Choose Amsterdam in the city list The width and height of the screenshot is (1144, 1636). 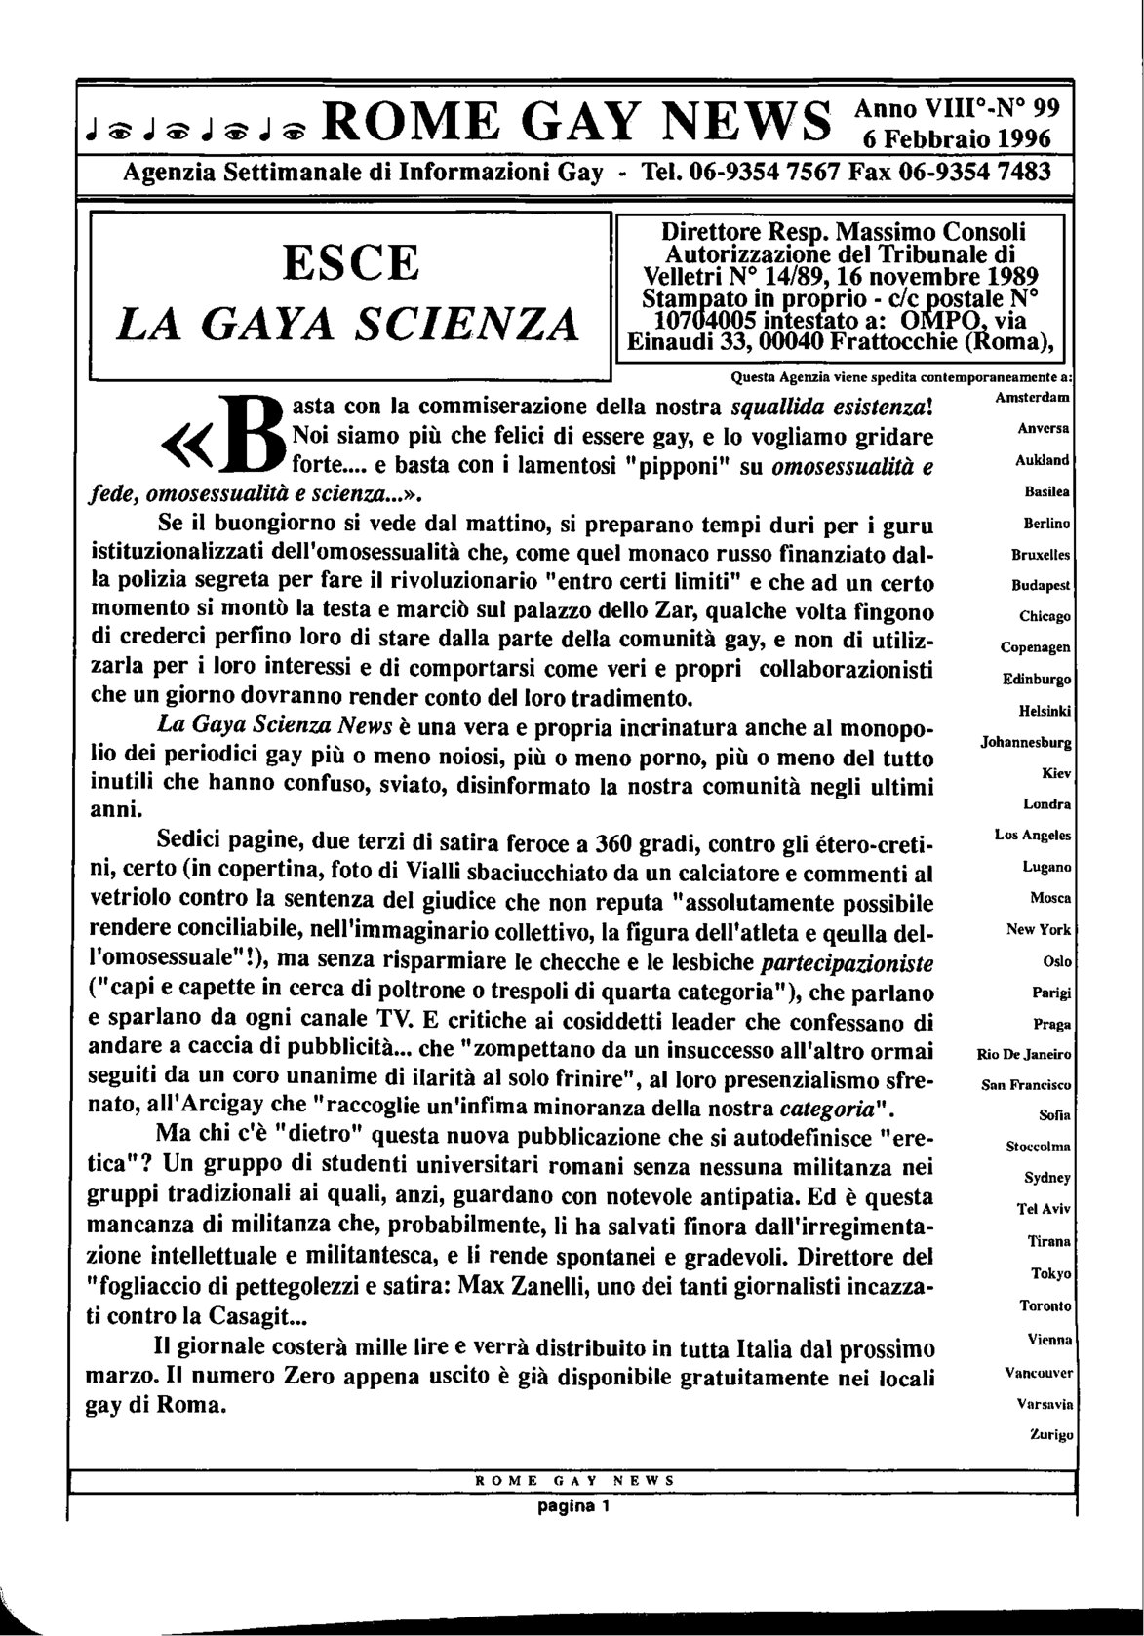point(1033,399)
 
